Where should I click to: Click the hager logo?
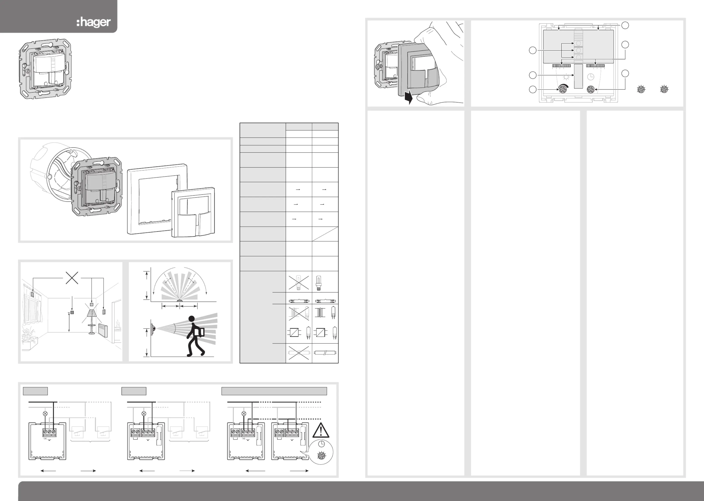point(94,22)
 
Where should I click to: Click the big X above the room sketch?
point(72,278)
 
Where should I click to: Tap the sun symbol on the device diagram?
point(566,77)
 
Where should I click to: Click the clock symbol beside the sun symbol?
point(591,77)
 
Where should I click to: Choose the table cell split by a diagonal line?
point(325,234)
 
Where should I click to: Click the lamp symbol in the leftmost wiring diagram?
point(45,413)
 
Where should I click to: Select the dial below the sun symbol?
point(563,89)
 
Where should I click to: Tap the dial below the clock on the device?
point(590,89)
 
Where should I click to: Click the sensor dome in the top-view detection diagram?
point(179,300)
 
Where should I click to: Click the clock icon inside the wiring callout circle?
point(321,444)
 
